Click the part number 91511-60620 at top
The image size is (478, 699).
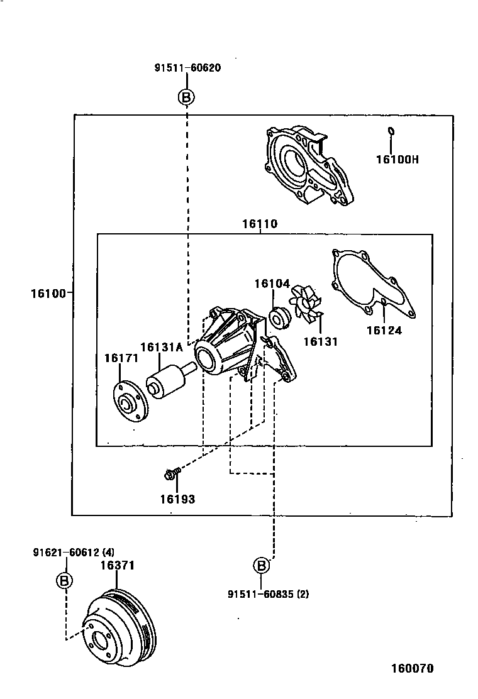(187, 68)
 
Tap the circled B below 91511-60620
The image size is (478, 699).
(187, 97)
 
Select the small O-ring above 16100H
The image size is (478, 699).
(391, 132)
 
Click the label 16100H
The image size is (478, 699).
(397, 159)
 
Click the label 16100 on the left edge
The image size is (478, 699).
(48, 292)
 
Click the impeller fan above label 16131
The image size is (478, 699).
(304, 303)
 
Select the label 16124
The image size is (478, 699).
(384, 330)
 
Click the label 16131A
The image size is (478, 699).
(161, 346)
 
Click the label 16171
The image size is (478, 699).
(121, 358)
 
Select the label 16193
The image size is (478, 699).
(177, 500)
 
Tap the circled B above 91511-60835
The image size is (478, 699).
(262, 566)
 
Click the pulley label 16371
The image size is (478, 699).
(118, 566)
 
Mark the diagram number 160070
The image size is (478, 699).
(413, 668)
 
